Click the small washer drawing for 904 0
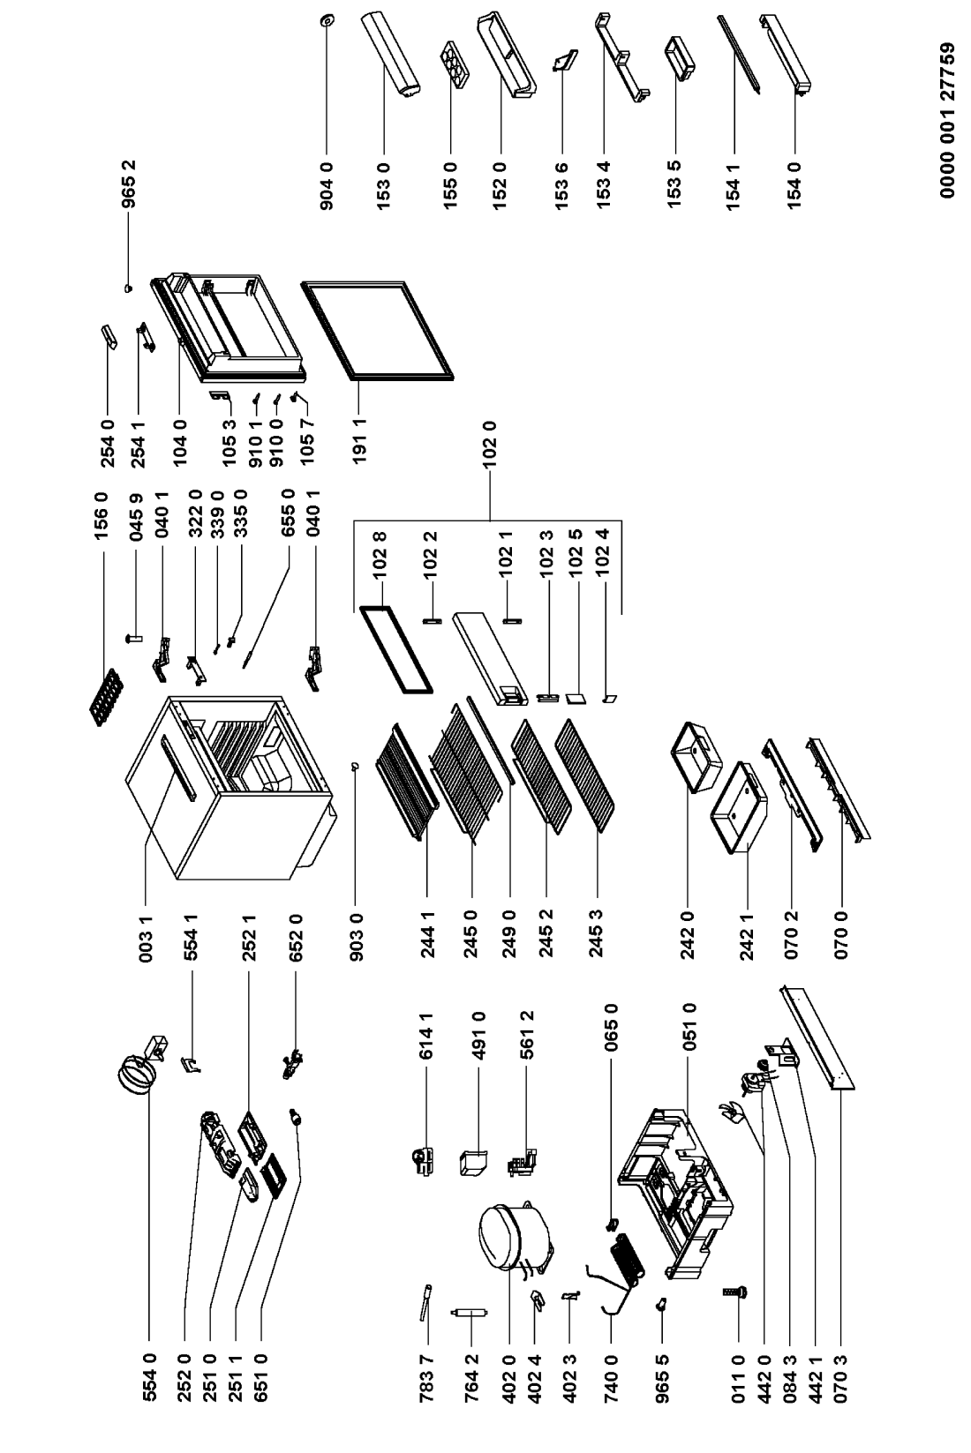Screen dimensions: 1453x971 (x=327, y=19)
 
